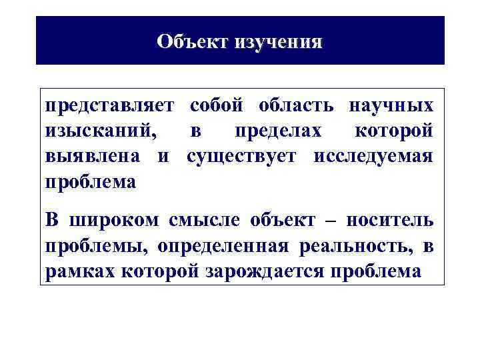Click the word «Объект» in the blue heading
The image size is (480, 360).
point(193,41)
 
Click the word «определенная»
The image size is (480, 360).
point(223,246)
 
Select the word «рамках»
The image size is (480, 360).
point(77,271)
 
